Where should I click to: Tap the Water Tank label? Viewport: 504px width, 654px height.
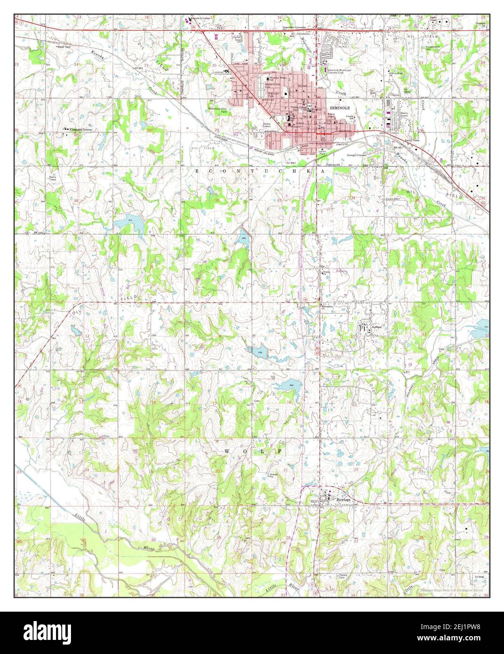[x=63, y=47]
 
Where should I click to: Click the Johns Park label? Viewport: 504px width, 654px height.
[x=322, y=152]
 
